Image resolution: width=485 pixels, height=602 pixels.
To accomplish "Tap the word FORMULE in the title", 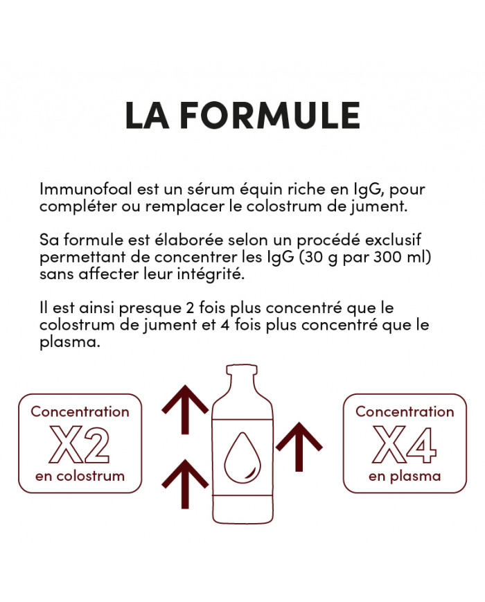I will click(270, 115).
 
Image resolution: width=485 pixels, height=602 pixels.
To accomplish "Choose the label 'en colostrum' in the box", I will click(80, 476).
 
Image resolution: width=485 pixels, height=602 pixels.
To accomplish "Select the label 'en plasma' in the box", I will click(405, 476).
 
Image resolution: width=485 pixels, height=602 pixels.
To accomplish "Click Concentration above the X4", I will click(405, 411).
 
